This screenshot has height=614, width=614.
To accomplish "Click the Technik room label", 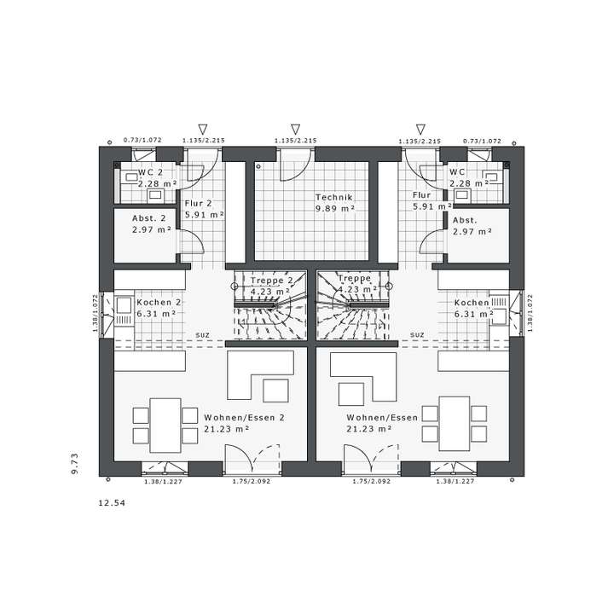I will (333, 196).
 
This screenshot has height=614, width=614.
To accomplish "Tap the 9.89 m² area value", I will (333, 208).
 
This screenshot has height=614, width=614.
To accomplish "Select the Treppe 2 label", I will (271, 280).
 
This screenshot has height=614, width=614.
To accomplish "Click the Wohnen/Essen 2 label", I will (244, 418).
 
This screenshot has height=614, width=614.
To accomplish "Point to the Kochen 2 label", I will (159, 303).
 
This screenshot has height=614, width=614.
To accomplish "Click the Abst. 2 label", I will (148, 219).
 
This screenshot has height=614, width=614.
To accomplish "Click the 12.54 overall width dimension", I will (112, 503).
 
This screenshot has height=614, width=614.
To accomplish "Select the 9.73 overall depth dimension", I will (75, 463).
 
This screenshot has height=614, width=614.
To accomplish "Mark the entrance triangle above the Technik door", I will (295, 128).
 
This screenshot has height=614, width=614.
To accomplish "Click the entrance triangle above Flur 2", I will (203, 128).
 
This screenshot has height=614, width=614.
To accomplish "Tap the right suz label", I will (417, 334).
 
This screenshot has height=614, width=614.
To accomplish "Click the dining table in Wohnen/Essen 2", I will (165, 425).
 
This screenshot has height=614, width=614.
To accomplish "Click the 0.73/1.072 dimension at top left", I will (142, 140).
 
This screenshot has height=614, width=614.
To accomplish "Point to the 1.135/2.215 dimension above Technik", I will (295, 140).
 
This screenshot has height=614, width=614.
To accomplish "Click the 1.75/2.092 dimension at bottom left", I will (252, 482).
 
